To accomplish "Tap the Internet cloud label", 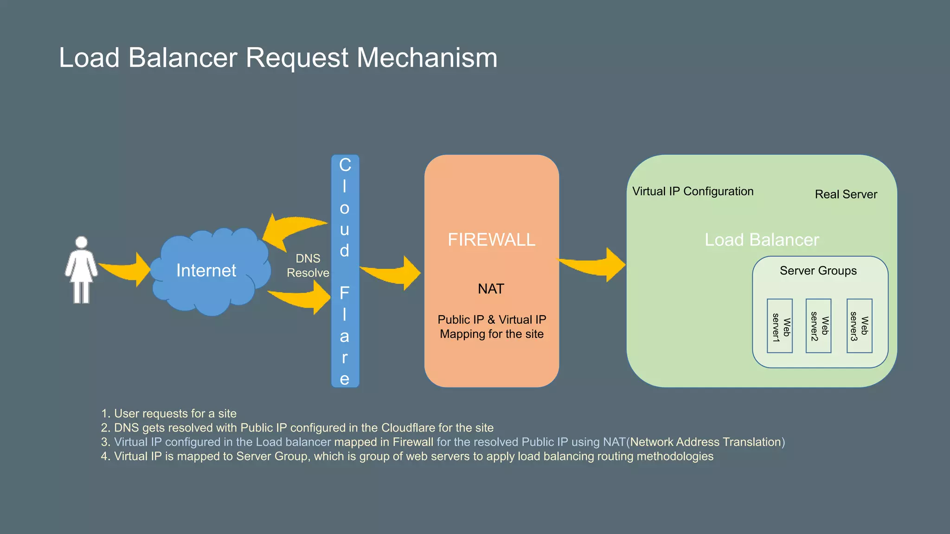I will [x=206, y=270].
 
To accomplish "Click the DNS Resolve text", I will [x=308, y=266].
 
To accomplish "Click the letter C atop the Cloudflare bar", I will [x=345, y=165].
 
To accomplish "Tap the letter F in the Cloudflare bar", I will [x=344, y=293].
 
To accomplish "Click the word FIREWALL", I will [x=491, y=240].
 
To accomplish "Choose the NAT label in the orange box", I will [x=491, y=289].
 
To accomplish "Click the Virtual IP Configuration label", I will [x=693, y=191].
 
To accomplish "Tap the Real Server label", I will [x=846, y=194].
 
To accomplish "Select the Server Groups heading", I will [x=818, y=271].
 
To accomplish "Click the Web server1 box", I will [x=779, y=326].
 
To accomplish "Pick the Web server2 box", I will [x=818, y=326].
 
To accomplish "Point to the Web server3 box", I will [x=859, y=326].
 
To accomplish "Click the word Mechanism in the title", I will [x=427, y=58].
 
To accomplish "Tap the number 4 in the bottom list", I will [x=105, y=457].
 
